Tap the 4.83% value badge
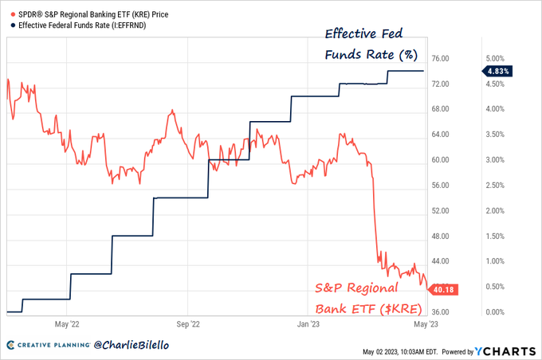(x=496, y=71)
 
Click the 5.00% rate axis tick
(x=495, y=59)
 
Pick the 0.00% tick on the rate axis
(x=495, y=312)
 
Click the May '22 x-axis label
(x=66, y=324)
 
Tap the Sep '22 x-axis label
(x=187, y=324)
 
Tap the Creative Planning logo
(x=46, y=346)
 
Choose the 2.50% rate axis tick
(x=495, y=186)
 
